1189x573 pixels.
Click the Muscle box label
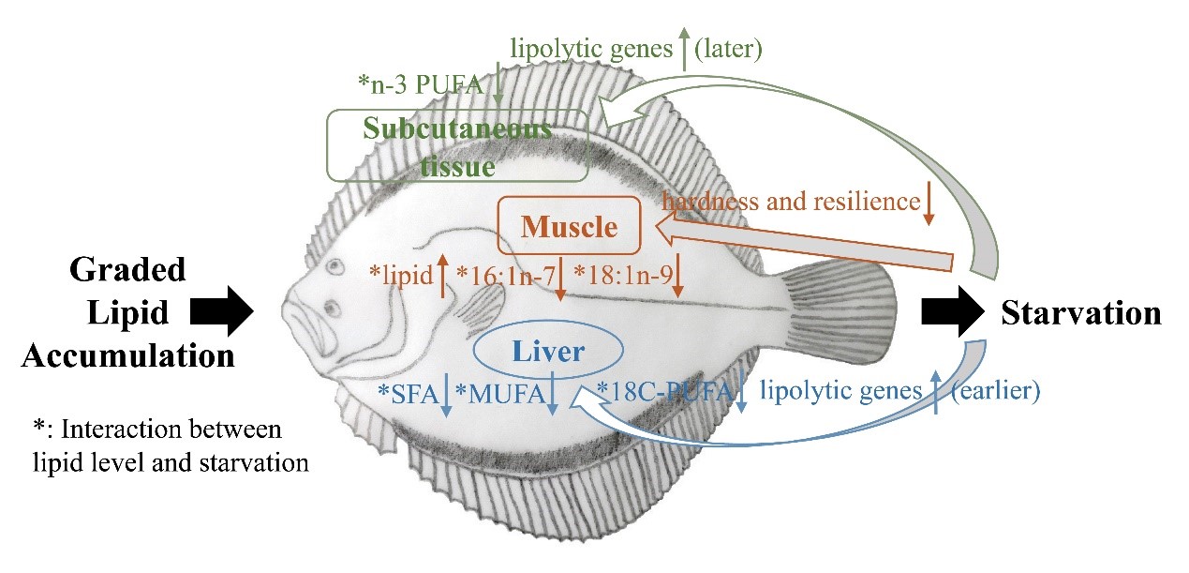(x=570, y=226)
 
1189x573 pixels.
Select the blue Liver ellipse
(x=548, y=352)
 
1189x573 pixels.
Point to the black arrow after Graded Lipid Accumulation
(x=222, y=310)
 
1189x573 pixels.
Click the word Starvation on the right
(x=1081, y=312)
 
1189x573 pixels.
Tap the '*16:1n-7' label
(x=503, y=273)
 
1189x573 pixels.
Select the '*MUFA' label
(x=498, y=394)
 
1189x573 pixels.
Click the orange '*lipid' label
(x=401, y=273)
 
